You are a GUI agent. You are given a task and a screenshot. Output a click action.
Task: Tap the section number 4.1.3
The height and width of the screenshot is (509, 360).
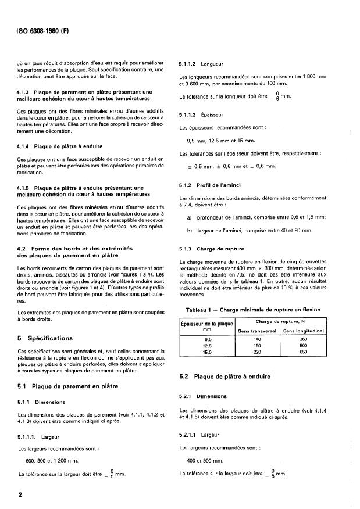pos(26,91)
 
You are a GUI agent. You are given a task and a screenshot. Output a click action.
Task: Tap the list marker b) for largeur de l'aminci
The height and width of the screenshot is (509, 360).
pos(190,231)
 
